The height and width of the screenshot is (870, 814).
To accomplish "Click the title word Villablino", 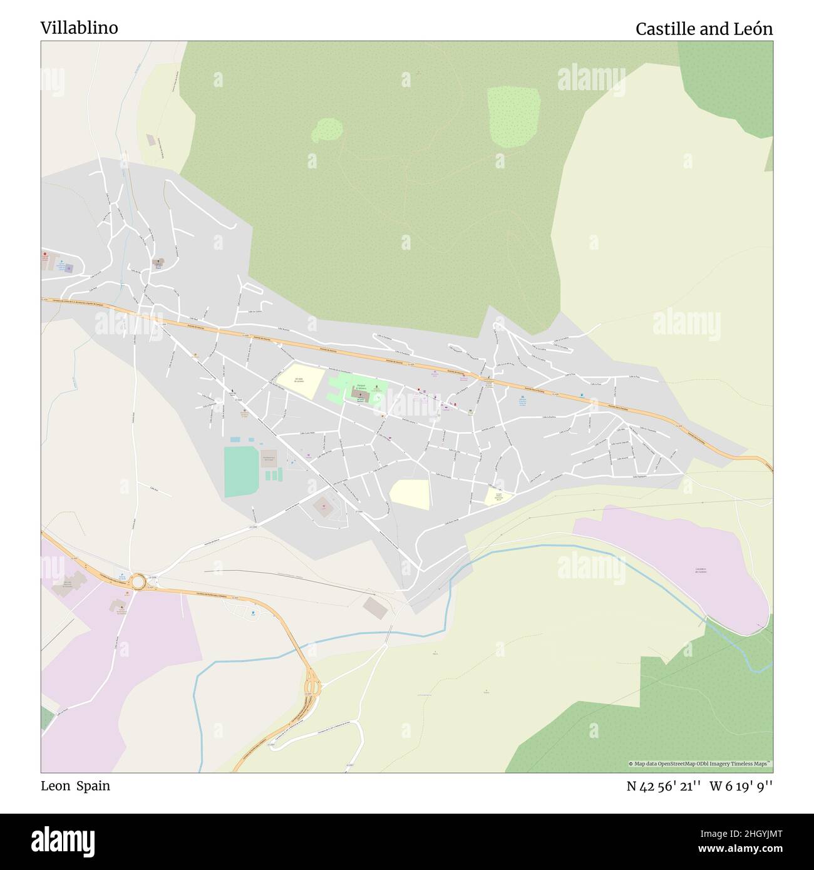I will tap(79, 28).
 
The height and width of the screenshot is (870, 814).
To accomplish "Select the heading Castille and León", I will tap(704, 29).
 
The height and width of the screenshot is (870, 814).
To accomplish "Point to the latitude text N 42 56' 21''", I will tap(663, 786).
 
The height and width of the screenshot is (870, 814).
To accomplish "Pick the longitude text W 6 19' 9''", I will tap(741, 786).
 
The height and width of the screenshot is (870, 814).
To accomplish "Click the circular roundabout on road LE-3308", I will tap(138, 582).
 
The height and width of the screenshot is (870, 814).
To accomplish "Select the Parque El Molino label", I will tap(361, 386).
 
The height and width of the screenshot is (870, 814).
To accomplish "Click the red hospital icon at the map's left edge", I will tap(45, 255).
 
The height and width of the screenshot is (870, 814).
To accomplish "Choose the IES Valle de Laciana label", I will tap(301, 381).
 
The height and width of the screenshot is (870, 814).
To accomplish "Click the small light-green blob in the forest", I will tap(329, 130).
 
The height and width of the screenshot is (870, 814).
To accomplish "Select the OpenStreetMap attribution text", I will tap(700, 764).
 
